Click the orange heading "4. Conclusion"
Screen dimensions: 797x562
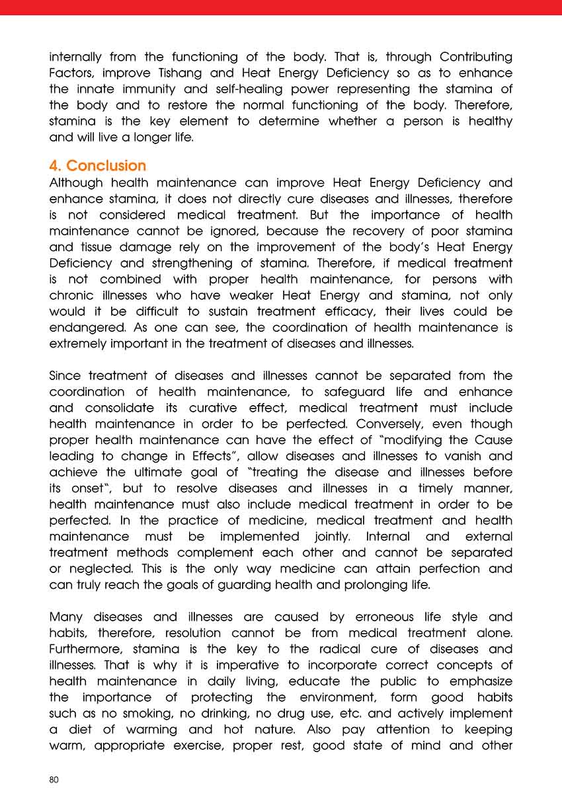[x=98, y=165]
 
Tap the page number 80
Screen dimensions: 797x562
[x=54, y=780]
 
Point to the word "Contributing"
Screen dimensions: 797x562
[x=467, y=57]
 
